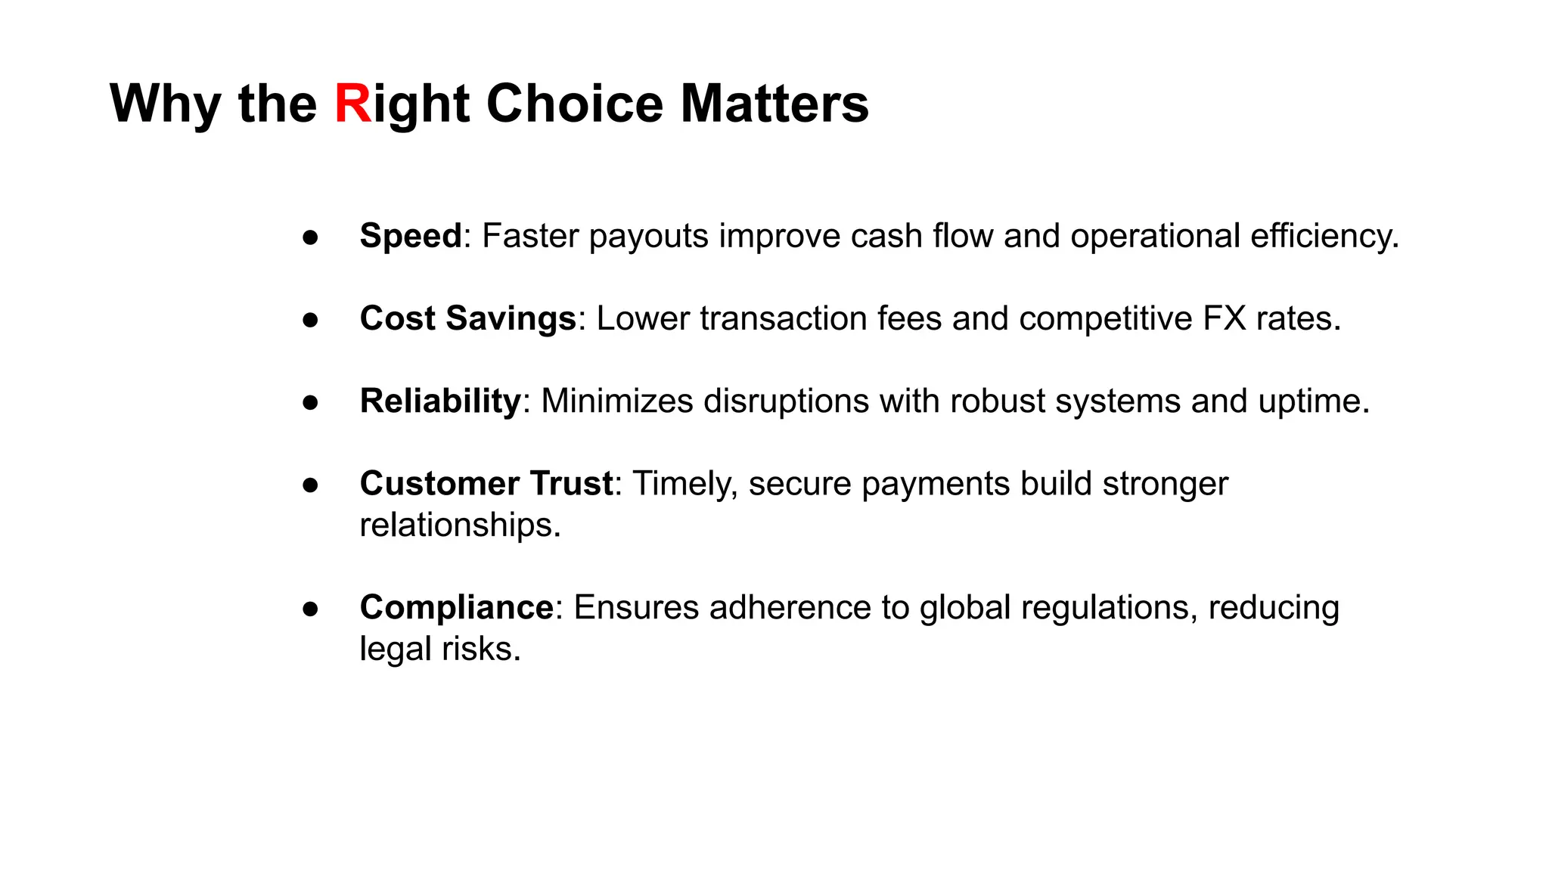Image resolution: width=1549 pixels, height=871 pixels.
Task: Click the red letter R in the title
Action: click(352, 104)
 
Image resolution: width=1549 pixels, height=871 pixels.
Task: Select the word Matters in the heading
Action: click(774, 104)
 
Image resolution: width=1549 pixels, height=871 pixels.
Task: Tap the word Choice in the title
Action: click(575, 104)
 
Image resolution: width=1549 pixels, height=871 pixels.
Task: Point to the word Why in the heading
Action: click(166, 104)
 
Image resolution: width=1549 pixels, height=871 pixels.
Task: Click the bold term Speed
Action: click(411, 236)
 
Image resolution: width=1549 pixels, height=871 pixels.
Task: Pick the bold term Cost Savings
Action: click(468, 318)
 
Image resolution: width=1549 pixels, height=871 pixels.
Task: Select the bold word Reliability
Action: click(440, 401)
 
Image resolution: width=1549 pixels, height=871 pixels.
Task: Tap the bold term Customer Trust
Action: click(486, 483)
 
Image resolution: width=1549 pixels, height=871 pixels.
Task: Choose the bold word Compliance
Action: click(457, 607)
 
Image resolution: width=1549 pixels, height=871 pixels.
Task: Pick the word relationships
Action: click(460, 525)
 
